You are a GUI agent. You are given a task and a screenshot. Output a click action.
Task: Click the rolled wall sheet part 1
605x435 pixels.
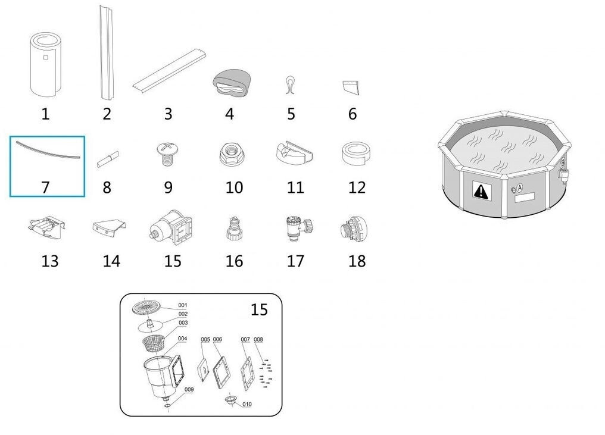tap(45, 65)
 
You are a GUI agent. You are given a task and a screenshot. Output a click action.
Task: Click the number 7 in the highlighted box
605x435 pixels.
tap(45, 187)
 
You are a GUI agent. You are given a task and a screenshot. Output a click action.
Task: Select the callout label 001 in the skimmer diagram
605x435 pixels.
tap(182, 305)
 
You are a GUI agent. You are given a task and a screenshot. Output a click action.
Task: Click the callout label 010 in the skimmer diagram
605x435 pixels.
tap(247, 404)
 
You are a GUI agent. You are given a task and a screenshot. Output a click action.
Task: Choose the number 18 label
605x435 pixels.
tap(357, 261)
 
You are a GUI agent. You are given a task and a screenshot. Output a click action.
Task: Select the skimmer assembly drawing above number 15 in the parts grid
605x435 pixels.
tap(171, 228)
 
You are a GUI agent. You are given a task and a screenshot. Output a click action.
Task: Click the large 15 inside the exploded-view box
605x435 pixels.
tap(259, 309)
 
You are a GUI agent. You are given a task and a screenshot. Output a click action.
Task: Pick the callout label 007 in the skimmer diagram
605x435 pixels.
tap(245, 339)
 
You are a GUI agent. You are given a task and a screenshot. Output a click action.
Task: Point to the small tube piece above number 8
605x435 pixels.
tap(108, 159)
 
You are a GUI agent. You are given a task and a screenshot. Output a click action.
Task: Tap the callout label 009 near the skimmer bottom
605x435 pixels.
tap(189, 390)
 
